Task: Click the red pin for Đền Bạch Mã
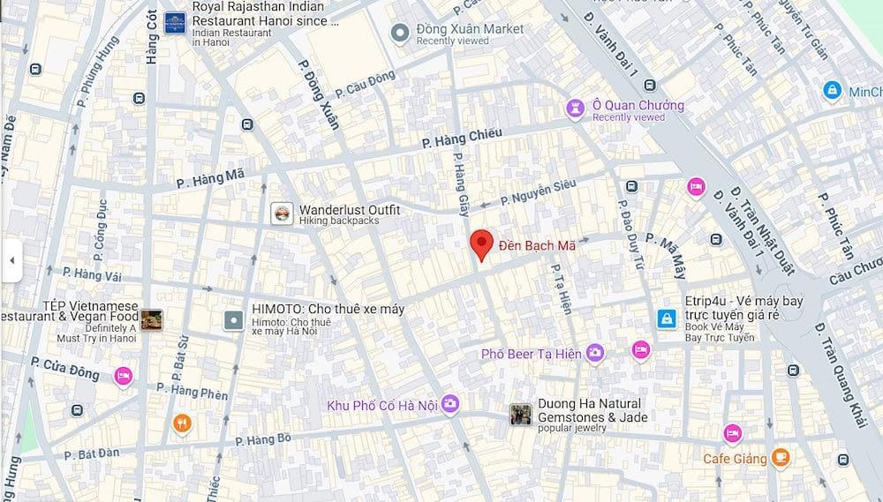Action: tap(480, 244)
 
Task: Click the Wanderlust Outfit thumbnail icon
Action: tap(282, 214)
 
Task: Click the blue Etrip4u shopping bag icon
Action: tap(667, 318)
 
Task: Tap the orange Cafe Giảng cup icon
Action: tap(780, 457)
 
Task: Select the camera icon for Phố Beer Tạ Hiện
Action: tap(595, 353)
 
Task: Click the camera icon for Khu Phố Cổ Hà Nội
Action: tap(450, 404)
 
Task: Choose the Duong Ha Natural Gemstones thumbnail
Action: tap(521, 415)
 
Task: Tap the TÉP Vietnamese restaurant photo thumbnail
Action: tap(151, 319)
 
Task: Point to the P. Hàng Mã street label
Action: tap(210, 179)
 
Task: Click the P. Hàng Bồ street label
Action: tap(263, 438)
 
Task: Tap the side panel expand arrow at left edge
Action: tap(11, 260)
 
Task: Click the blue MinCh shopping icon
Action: tap(831, 90)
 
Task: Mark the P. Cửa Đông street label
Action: tap(65, 368)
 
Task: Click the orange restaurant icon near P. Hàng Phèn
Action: tap(182, 423)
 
